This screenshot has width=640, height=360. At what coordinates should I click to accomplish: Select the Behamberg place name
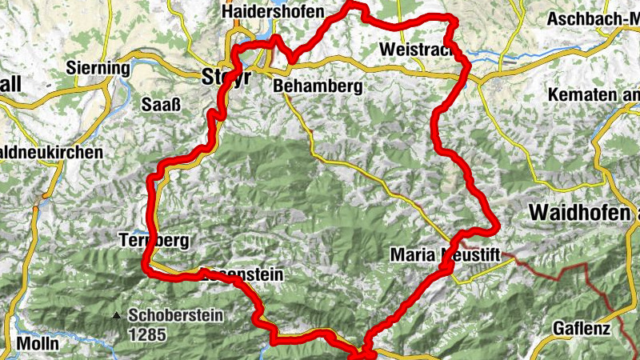coord(318,85)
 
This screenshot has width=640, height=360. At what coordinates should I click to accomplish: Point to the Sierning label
coord(98,68)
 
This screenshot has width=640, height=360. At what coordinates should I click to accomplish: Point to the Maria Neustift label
coord(445,254)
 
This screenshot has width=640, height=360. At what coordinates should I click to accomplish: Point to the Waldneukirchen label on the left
coord(51,151)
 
